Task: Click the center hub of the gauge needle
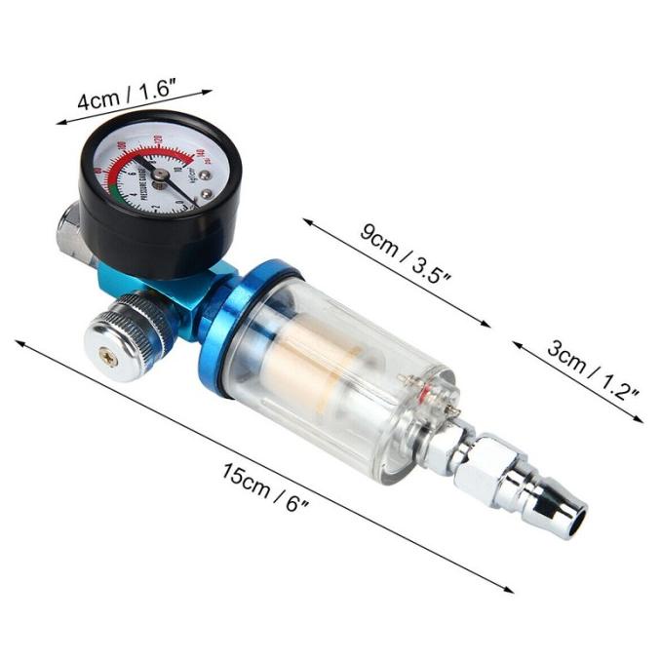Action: click(x=160, y=175)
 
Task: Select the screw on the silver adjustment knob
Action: click(x=110, y=359)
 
